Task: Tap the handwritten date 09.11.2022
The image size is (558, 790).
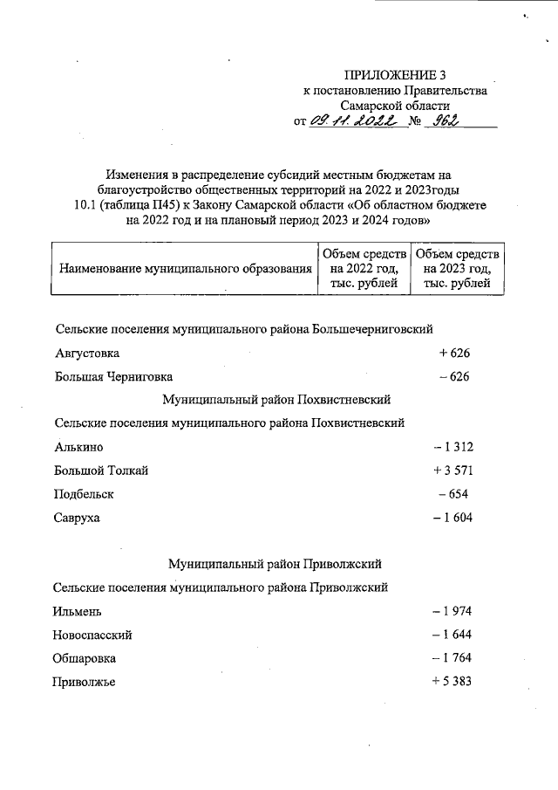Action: coord(358,122)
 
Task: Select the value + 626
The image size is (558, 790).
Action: coord(454,354)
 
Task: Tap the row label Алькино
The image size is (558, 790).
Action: coord(78,447)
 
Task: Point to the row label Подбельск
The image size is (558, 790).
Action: coord(84,494)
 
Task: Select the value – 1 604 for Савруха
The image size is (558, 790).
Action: coord(452,518)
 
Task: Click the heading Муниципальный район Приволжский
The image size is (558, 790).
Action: coord(276,564)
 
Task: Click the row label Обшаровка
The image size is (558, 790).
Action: coord(85,658)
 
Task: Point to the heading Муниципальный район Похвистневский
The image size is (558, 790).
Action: coord(276,400)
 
